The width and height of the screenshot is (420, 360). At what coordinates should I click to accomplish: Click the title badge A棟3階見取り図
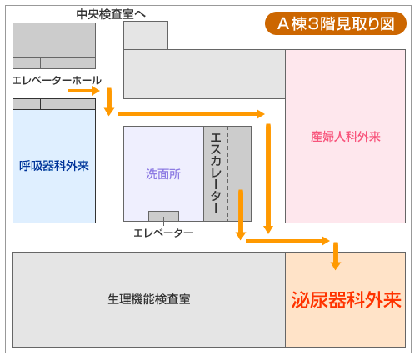336,23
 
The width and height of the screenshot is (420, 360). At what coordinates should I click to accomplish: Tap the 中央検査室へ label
111,14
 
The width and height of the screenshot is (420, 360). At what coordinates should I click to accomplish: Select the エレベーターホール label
57,81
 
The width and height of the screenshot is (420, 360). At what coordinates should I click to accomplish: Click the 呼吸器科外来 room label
54,166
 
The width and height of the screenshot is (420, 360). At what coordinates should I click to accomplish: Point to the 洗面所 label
163,174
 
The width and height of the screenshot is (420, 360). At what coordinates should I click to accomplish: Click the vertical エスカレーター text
216,172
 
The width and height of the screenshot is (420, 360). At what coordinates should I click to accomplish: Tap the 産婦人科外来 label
346,137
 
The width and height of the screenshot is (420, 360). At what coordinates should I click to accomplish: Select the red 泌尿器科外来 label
346,300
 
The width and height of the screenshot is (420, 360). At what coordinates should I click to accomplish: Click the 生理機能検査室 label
149,299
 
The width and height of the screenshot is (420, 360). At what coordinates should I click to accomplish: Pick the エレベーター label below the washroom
163,232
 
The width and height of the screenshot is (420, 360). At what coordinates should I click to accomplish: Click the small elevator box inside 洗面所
163,216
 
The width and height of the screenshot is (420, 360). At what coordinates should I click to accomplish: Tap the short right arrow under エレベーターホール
83,91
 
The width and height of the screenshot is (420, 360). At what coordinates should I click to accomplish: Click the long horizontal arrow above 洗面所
192,114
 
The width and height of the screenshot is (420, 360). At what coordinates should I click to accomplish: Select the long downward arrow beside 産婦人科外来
268,178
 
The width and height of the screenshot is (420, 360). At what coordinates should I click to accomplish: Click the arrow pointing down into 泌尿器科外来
336,256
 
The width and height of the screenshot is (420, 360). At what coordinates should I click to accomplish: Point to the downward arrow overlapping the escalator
241,214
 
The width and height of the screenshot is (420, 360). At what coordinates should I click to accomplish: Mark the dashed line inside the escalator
228,174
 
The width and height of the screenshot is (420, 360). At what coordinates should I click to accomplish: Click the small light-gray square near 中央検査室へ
146,36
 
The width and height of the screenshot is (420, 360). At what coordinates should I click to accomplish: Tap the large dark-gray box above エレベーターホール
54,41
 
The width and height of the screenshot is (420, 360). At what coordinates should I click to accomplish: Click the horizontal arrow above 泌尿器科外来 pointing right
287,241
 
